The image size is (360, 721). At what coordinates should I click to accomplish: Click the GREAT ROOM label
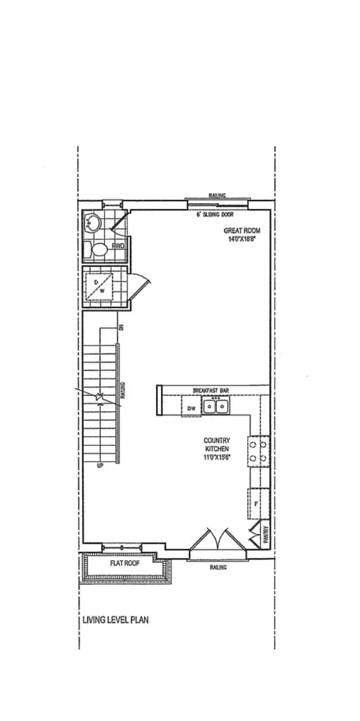[241, 231]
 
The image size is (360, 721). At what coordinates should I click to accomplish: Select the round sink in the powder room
[93, 224]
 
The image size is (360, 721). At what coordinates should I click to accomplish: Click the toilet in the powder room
[98, 248]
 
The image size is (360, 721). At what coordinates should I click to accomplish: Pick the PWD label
[118, 246]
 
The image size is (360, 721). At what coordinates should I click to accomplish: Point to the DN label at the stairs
[121, 327]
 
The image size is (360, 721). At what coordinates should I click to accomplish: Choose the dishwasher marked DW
[191, 409]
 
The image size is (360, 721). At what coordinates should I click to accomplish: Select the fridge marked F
[256, 503]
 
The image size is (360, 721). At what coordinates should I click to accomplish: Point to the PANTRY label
[266, 535]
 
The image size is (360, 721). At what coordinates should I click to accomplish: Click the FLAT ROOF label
[125, 564]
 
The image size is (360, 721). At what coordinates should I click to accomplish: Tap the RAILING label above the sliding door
[217, 196]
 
